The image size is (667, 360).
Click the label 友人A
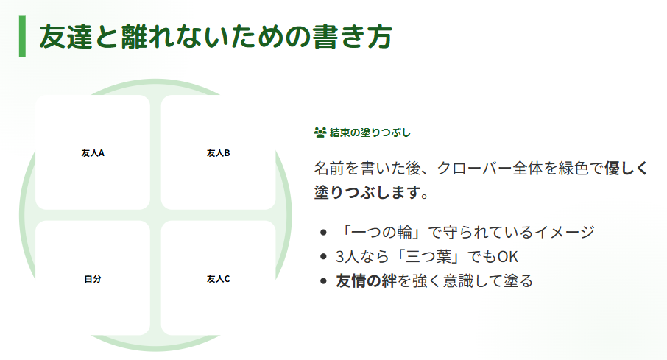[93, 153]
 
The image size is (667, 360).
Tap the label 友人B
[219, 153]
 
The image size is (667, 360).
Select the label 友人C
[219, 279]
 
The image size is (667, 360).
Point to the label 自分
[93, 279]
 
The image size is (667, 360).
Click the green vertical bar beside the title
[22, 36]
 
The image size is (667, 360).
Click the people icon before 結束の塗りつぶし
[320, 133]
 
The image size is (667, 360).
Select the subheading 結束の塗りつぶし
[370, 133]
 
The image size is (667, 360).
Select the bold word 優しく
[626, 168]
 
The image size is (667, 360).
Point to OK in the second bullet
[508, 256]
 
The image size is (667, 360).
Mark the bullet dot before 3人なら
[324, 257]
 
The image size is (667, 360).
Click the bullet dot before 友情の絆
[324, 281]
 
